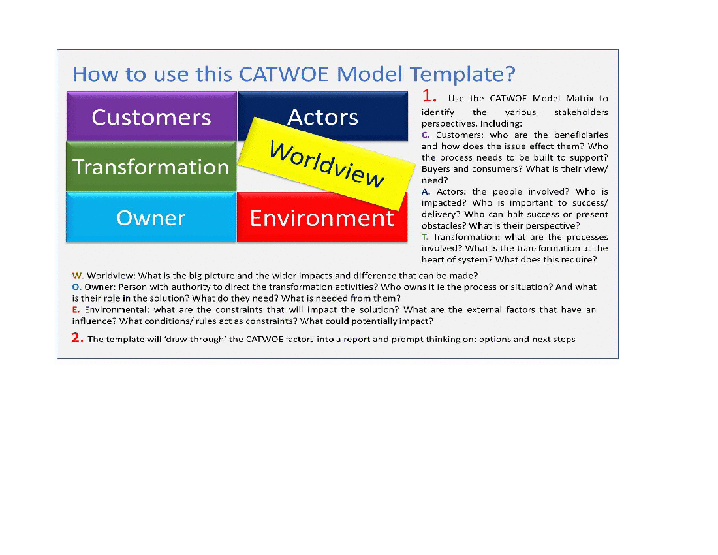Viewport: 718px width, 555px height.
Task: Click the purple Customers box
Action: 151,116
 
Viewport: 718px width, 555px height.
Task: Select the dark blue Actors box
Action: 323,110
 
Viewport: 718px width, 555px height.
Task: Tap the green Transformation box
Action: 151,166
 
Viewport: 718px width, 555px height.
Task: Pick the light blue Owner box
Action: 151,217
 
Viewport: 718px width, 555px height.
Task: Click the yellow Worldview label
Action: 326,164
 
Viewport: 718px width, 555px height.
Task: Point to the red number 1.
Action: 429,96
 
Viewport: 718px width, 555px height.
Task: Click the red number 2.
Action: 78,338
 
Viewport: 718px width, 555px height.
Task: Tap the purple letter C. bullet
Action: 426,135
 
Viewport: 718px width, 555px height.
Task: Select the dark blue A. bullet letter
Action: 426,192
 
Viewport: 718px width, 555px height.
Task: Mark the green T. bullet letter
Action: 425,237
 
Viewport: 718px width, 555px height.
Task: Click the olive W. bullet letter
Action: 78,276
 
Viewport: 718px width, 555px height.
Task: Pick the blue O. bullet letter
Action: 77,287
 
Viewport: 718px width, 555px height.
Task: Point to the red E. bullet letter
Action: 76,310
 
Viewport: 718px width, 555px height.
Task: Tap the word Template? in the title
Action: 463,74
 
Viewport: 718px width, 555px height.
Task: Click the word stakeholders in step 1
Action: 581,112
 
